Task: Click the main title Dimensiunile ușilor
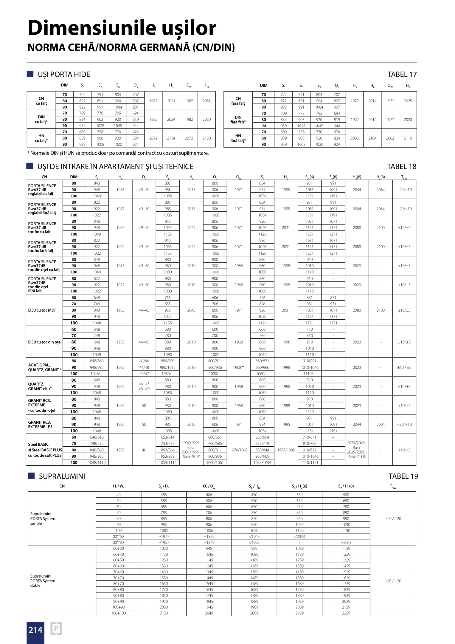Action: coord(122,28)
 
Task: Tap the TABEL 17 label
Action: coord(402,75)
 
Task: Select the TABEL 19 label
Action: coord(403,476)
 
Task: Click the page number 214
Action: coord(35,630)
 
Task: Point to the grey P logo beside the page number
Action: coord(56,628)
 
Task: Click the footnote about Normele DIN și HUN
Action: coord(118,153)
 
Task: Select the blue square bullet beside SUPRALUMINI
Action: coord(31,476)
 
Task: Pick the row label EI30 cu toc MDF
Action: coord(42,310)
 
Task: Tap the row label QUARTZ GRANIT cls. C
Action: coord(40,386)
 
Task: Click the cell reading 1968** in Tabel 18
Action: coord(239,367)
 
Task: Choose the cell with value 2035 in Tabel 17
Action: coord(206,101)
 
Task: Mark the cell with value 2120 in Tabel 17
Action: coord(206,138)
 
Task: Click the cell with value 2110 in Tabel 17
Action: coord(408,138)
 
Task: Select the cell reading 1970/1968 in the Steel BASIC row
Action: coord(239,450)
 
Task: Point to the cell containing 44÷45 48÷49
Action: coord(144,386)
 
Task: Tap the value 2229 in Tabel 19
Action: coord(346,613)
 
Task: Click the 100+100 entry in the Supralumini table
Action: coord(119,613)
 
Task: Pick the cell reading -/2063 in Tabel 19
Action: coord(346,542)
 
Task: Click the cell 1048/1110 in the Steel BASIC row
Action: coord(97,462)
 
